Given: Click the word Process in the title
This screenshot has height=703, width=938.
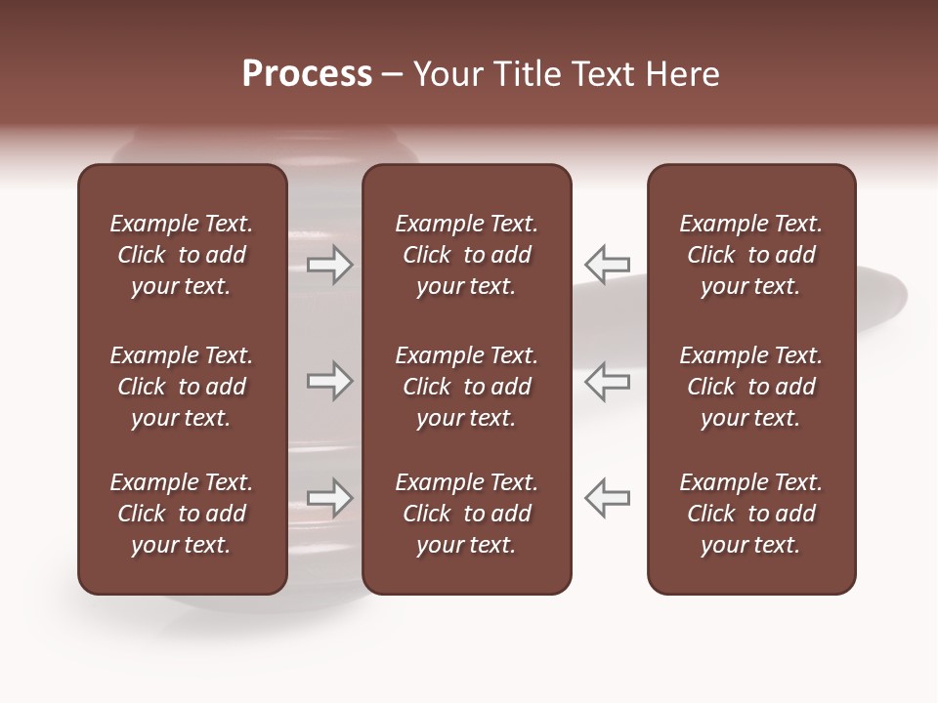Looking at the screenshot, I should pyautogui.click(x=307, y=74).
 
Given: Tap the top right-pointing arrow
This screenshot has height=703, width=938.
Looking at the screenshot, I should pyautogui.click(x=330, y=265).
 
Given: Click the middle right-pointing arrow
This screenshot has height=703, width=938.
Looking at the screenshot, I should pyautogui.click(x=330, y=381).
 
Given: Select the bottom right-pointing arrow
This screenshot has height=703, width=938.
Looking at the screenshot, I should pyautogui.click(x=330, y=498).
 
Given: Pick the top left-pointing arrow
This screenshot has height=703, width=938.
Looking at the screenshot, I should pyautogui.click(x=607, y=264).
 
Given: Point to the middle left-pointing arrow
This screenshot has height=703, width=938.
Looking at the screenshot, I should pyautogui.click(x=607, y=381).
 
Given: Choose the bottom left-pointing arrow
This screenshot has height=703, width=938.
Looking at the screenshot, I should pyautogui.click(x=607, y=498).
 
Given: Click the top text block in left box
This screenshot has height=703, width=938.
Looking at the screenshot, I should pyautogui.click(x=182, y=255).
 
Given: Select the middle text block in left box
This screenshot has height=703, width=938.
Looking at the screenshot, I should pyautogui.click(x=182, y=387).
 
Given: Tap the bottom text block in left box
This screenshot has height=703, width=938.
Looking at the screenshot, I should pyautogui.click(x=182, y=514).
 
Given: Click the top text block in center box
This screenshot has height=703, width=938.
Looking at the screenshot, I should pyautogui.click(x=466, y=255).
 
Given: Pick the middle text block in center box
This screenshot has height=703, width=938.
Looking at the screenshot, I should pyautogui.click(x=466, y=387).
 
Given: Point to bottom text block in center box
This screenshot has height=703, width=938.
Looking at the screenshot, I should pyautogui.click(x=466, y=514).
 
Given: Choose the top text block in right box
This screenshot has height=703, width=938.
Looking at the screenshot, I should pyautogui.click(x=750, y=255).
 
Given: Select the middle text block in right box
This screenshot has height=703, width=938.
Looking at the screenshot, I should pyautogui.click(x=750, y=387).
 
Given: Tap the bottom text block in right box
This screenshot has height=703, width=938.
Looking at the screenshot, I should pyautogui.click(x=750, y=514).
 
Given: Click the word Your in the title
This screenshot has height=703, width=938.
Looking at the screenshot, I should pyautogui.click(x=447, y=74).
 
